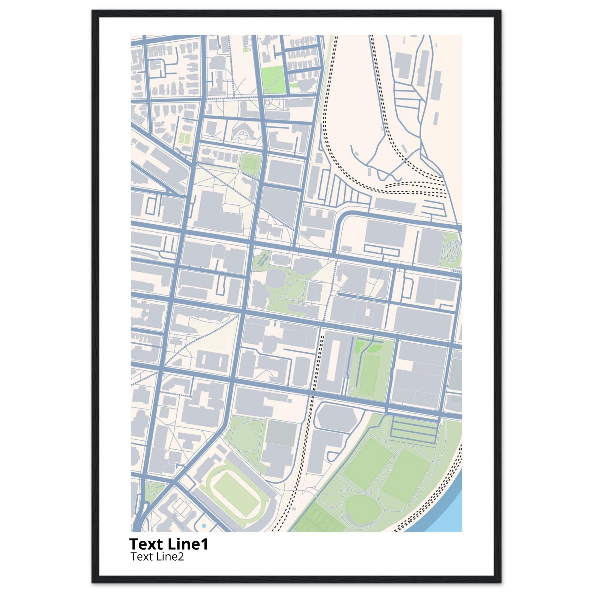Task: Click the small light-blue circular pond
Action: click(204, 526)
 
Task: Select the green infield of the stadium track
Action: click(234, 490)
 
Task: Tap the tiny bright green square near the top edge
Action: click(245, 49)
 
